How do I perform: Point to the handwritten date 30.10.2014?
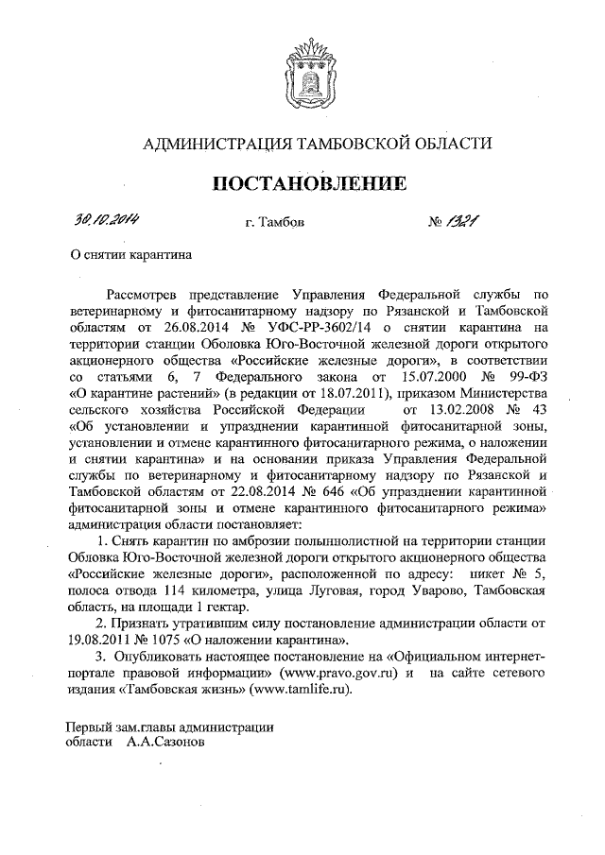point(106,220)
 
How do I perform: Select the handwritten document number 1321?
point(464,221)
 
